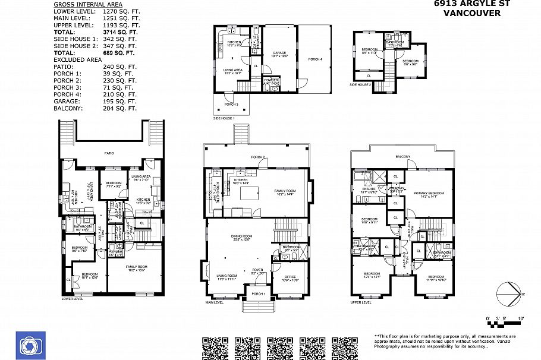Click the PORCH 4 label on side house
click(315, 59)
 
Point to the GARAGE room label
click(279, 53)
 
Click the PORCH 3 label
click(231, 104)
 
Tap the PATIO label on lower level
click(109, 153)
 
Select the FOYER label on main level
click(257, 270)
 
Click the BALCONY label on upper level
click(403, 157)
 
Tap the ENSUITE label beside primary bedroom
click(369, 189)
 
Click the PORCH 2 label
click(257, 157)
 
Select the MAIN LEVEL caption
click(215, 302)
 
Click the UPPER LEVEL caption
click(361, 302)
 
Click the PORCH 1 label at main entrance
click(257, 293)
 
